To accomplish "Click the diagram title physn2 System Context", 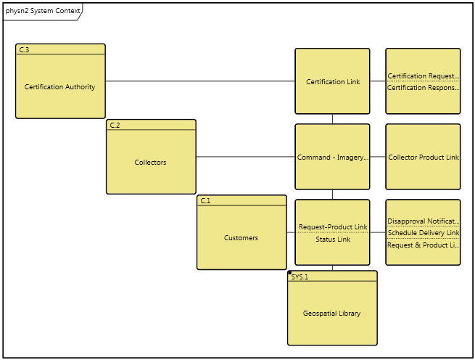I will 41,11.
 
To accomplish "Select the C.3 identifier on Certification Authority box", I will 24,49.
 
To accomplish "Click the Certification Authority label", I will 59,87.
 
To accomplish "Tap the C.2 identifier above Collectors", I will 115,125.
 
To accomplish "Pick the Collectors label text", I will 150,163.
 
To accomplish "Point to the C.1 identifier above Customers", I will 205,200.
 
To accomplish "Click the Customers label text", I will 241,238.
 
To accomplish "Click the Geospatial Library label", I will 331,314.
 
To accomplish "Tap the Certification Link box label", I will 332,82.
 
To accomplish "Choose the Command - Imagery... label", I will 332,157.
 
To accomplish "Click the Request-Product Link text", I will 332,227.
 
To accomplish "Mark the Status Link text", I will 332,240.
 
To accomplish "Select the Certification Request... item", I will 423,76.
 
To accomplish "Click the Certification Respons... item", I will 423,88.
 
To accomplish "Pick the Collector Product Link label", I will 423,157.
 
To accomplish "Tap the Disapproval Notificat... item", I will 423,221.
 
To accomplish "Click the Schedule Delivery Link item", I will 423,233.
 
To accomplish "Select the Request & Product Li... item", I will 423,245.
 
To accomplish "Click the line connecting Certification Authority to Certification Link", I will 199,81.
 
